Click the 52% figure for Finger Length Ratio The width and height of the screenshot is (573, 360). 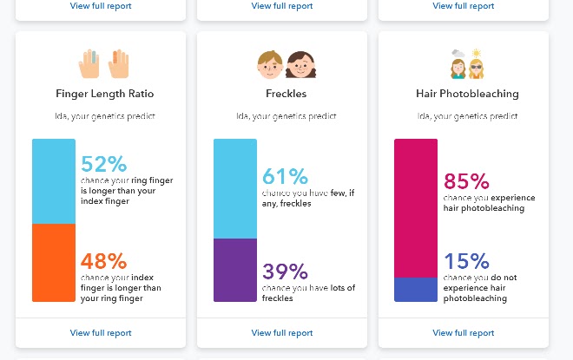(103, 164)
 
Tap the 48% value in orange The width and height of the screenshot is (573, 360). (103, 261)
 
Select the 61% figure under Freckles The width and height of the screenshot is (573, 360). (285, 177)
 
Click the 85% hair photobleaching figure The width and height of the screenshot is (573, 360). (466, 182)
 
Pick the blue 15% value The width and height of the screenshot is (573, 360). (466, 261)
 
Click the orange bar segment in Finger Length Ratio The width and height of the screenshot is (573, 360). (54, 263)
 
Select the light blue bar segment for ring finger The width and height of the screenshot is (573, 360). (54, 181)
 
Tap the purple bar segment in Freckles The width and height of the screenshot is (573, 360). (235, 270)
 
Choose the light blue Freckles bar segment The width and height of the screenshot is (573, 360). (235, 188)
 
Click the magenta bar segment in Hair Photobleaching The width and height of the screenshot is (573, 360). (416, 207)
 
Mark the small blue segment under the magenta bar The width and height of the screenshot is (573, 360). (416, 289)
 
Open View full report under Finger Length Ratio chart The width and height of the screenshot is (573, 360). (101, 332)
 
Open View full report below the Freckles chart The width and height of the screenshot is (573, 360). (282, 332)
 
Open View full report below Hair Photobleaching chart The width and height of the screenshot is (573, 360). (464, 332)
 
